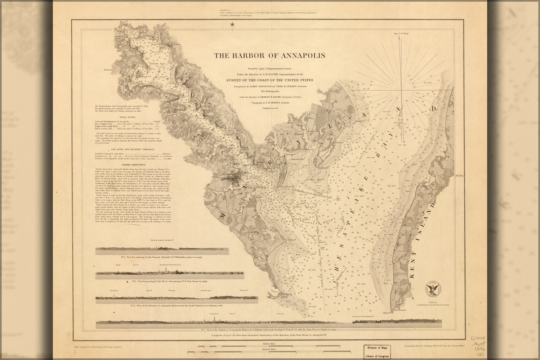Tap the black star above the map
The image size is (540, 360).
coord(232,24)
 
